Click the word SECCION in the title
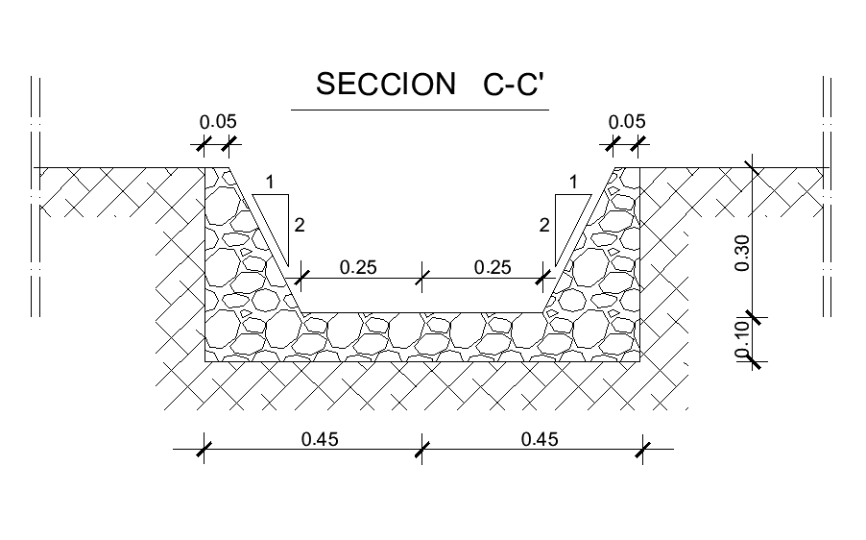pyautogui.click(x=385, y=86)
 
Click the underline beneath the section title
pyautogui.click(x=420, y=110)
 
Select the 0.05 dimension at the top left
pyautogui.click(x=218, y=122)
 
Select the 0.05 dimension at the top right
pyautogui.click(x=628, y=122)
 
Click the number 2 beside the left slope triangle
pyautogui.click(x=300, y=226)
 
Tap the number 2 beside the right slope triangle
pyautogui.click(x=544, y=226)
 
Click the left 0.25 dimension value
pyautogui.click(x=358, y=267)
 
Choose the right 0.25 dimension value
pyautogui.click(x=493, y=267)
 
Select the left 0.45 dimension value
pyautogui.click(x=320, y=439)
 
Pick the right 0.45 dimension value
pyautogui.click(x=540, y=439)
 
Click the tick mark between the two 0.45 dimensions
pyautogui.click(x=421, y=449)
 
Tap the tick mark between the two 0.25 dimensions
pyautogui.click(x=421, y=279)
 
